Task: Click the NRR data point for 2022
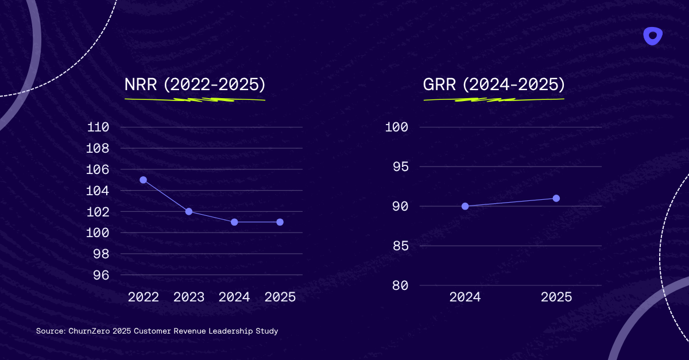click(x=143, y=180)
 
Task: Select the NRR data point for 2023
click(x=189, y=211)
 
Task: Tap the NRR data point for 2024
click(x=234, y=222)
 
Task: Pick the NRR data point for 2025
click(x=280, y=222)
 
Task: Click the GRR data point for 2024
click(x=465, y=206)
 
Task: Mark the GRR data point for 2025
click(x=556, y=198)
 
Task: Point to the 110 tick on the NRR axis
click(x=98, y=127)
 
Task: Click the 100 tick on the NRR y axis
click(x=98, y=233)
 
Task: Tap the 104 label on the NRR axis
click(x=98, y=191)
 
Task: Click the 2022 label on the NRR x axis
click(x=144, y=297)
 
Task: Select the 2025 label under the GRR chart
click(x=556, y=297)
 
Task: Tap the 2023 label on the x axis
click(x=189, y=297)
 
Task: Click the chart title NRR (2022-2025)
click(x=195, y=85)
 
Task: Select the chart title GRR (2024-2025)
click(x=494, y=85)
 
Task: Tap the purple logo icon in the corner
click(x=653, y=36)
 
